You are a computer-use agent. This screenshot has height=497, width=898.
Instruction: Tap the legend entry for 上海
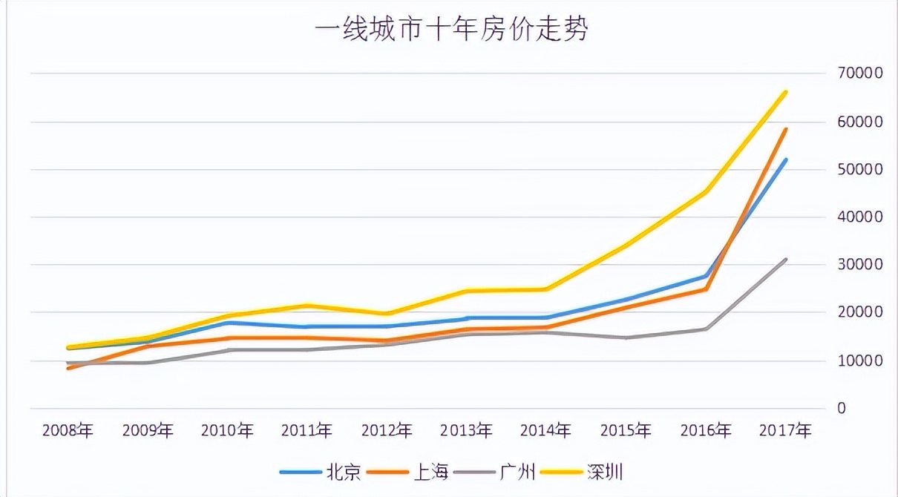(430, 471)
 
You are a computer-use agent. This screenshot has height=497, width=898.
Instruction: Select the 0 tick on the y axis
(841, 408)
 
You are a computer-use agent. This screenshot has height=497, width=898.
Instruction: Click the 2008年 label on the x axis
(68, 430)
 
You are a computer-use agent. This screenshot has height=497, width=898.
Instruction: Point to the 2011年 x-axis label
(307, 430)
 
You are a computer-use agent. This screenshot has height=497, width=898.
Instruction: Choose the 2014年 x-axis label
(546, 430)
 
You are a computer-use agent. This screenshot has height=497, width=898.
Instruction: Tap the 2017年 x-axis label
(785, 430)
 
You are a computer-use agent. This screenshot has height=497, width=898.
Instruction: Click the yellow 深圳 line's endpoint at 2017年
(785, 93)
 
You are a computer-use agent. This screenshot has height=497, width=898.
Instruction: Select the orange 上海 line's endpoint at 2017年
(785, 130)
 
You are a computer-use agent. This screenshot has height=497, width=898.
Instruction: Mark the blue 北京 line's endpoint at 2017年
(785, 160)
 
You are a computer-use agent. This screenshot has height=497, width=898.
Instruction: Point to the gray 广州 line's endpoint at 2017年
(785, 260)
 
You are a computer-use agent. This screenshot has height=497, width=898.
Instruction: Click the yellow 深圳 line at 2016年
(706, 191)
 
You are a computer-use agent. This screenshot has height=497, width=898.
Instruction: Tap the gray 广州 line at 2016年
(706, 329)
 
